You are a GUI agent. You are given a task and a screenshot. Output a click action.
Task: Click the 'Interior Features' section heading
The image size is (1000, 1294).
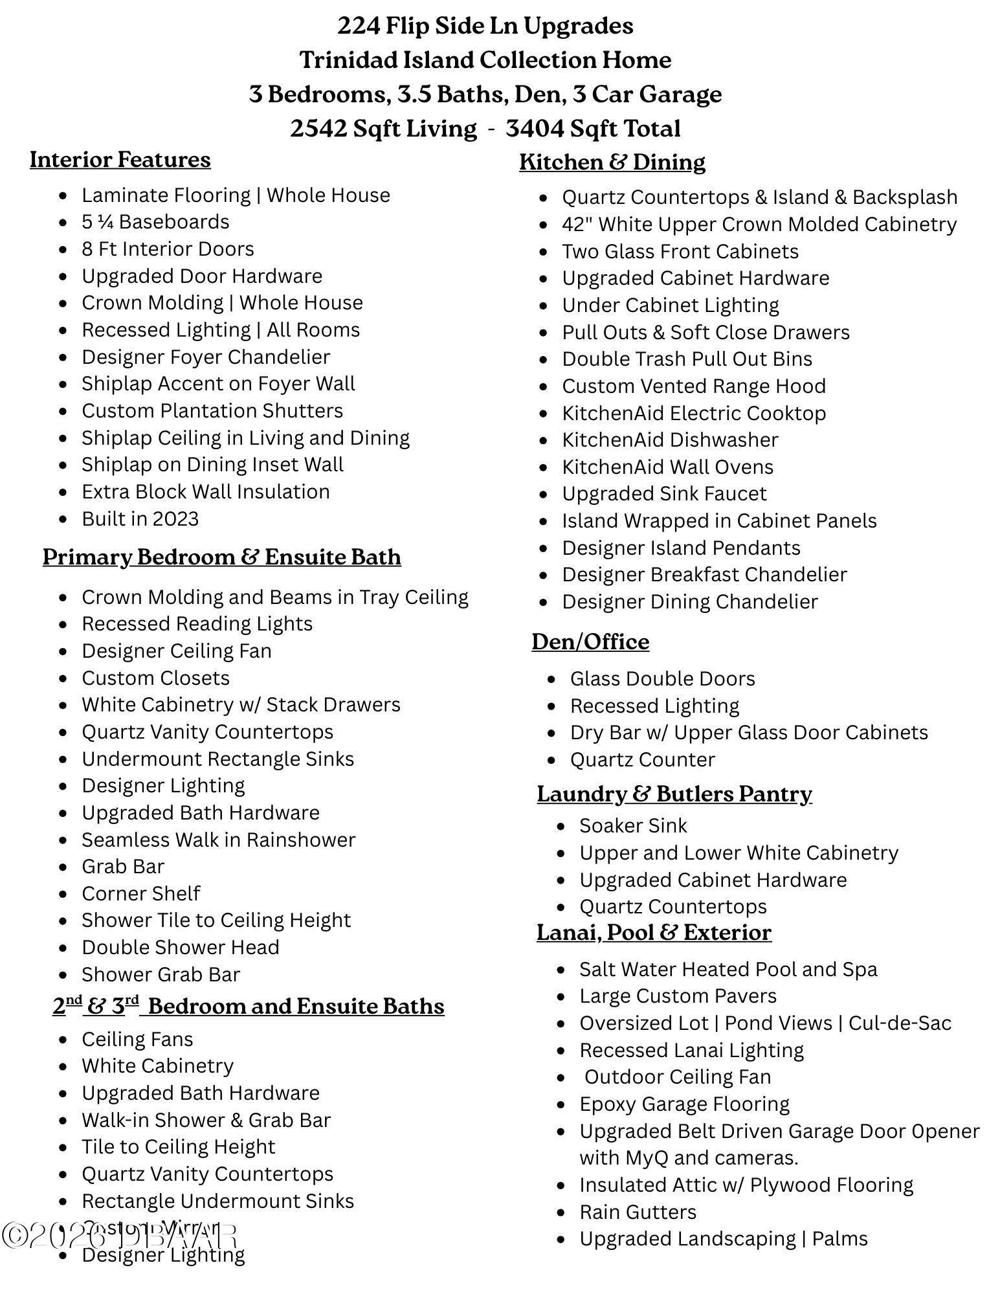coord(120,160)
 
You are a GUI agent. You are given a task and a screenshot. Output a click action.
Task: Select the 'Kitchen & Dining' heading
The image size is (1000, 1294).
coord(612,162)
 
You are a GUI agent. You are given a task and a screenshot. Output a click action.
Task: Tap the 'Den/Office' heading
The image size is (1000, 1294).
coord(590,641)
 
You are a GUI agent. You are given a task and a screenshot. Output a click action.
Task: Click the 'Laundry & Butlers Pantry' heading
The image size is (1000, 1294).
coord(674,794)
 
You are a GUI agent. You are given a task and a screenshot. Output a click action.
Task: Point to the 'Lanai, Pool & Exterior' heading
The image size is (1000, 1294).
coord(654,932)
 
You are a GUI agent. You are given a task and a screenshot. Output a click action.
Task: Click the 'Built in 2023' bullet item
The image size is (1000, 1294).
coord(140,519)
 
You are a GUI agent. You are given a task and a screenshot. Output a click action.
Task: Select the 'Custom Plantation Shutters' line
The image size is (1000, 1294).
coord(212,411)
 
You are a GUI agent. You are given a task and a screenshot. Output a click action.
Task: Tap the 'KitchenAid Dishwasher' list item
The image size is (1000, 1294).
coord(670,440)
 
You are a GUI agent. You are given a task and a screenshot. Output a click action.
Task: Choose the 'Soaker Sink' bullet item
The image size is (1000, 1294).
coord(633,826)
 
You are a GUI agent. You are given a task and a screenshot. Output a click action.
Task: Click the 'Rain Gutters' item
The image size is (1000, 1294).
coord(638,1212)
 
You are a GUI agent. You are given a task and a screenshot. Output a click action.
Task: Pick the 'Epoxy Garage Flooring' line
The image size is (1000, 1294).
coord(684,1104)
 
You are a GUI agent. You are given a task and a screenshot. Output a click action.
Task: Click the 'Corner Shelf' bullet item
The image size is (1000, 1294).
coord(141,894)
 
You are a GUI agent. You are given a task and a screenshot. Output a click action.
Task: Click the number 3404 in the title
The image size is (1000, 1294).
coord(534,128)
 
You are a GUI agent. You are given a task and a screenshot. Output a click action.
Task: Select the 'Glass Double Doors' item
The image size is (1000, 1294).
coord(662,679)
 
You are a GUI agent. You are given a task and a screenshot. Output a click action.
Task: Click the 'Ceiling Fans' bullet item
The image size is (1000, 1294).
coord(137,1040)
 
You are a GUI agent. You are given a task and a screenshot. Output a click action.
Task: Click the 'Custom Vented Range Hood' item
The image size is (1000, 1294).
coord(693,386)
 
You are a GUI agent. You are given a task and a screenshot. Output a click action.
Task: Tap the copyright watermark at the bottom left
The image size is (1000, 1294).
coord(120,1235)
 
